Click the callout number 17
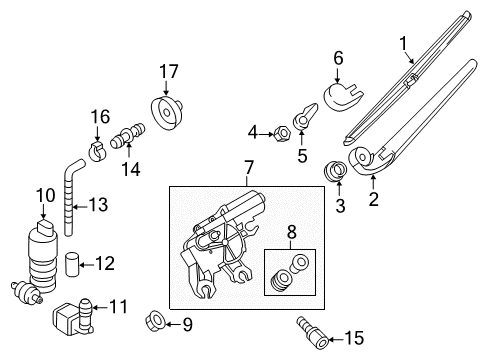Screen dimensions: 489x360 [169, 72]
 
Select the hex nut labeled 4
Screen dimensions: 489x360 [282, 134]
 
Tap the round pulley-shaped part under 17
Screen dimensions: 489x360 [167, 112]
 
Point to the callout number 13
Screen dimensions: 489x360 [98, 204]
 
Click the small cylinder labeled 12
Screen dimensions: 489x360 [72, 264]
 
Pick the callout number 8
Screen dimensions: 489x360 [291, 232]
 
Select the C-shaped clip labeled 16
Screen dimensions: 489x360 [97, 151]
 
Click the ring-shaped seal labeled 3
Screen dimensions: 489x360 [336, 171]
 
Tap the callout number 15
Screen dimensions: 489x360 [354, 338]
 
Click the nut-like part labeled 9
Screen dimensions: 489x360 [155, 321]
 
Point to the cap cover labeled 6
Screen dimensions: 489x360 [343, 96]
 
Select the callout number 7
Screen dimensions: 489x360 [249, 168]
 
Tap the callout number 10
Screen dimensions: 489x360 [45, 195]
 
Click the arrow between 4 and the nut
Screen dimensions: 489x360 [266, 134]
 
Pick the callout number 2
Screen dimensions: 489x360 [373, 199]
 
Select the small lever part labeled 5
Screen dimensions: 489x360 [305, 116]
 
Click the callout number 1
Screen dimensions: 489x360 [403, 44]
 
